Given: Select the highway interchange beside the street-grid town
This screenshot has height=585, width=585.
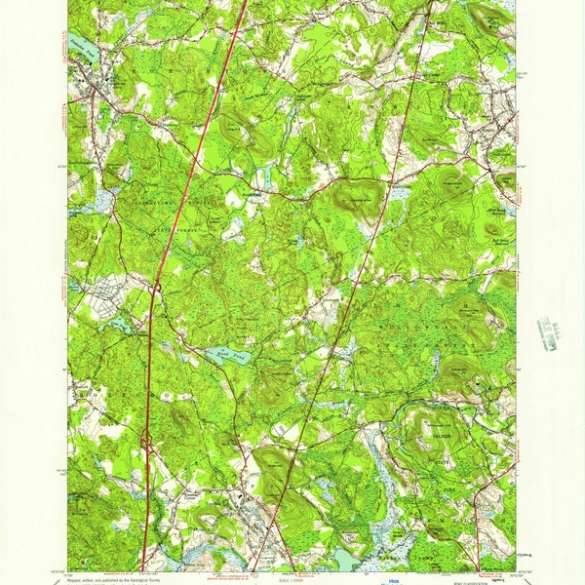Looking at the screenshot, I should coord(156,287).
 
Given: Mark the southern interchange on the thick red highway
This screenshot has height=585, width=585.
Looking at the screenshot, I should coord(146,444).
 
